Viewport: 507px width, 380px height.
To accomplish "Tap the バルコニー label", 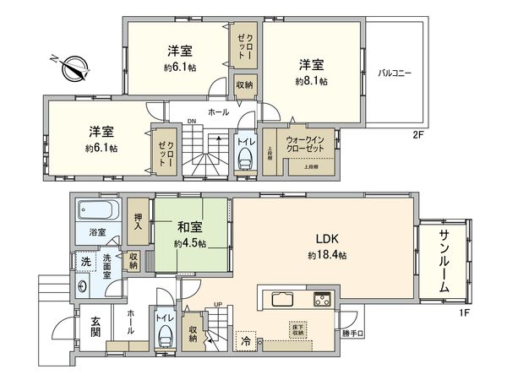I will pos(394,73).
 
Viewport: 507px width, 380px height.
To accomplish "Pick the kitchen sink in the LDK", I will pos(282,299).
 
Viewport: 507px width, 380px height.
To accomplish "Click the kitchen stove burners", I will pos(323,299).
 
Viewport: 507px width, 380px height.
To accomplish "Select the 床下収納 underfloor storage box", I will pos(297,329).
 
